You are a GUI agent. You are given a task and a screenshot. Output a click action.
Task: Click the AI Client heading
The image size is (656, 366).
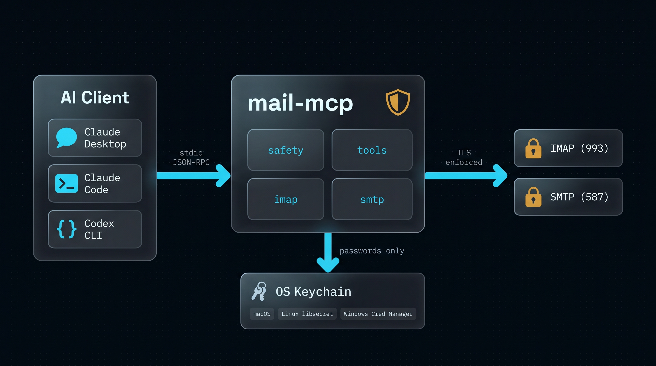[x=95, y=97]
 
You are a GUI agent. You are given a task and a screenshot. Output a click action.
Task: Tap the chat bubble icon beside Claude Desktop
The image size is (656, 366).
[x=66, y=137]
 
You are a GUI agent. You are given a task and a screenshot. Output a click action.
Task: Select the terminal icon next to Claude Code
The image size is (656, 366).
[x=67, y=183]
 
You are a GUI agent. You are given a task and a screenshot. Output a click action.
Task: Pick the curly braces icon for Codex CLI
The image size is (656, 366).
[x=67, y=229]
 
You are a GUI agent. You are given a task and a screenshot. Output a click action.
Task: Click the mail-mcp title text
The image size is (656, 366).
[x=300, y=103]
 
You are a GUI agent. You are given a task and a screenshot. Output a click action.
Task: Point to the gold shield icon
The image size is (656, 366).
[x=398, y=102]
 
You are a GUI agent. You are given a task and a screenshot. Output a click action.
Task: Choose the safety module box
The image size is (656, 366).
[x=286, y=150]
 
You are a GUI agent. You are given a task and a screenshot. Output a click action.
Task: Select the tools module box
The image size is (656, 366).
[x=372, y=150]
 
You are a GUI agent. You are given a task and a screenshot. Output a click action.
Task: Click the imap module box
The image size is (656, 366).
[x=286, y=199]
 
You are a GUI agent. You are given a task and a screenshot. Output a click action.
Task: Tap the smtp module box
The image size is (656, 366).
[x=372, y=199]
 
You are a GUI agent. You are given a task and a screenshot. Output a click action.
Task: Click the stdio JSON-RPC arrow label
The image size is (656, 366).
[x=191, y=158]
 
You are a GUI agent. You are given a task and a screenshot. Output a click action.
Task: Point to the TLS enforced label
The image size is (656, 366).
[x=464, y=158]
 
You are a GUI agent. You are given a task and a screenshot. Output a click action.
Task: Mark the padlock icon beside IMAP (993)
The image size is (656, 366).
[x=533, y=148]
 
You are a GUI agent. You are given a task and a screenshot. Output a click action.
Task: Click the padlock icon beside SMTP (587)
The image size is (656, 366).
[x=533, y=197]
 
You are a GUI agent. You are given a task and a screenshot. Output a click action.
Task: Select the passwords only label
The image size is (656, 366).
[x=372, y=251]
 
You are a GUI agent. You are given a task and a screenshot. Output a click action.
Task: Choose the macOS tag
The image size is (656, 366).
[x=262, y=314]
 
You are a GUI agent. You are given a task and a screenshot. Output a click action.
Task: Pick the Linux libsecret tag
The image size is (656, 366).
[x=307, y=314]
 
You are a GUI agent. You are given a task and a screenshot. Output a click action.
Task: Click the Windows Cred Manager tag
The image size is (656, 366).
[x=378, y=314]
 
